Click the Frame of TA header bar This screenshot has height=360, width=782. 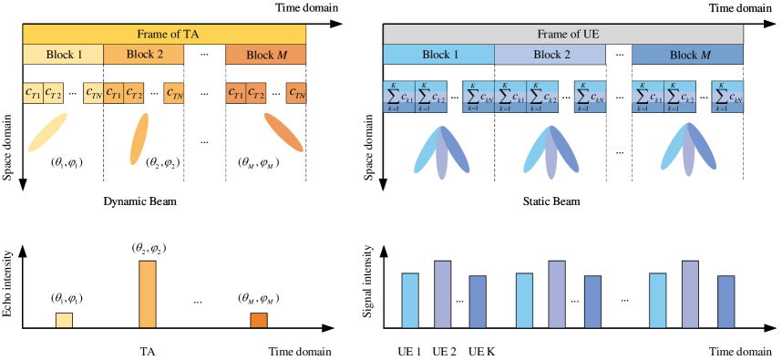click(164, 35)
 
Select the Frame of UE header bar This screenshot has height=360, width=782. click(562, 35)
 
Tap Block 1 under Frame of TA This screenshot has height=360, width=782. click(63, 55)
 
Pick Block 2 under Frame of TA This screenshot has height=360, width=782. click(144, 55)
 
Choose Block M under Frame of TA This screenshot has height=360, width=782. click(265, 55)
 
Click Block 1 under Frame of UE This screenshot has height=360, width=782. click(438, 55)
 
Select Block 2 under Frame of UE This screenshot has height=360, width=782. click(550, 55)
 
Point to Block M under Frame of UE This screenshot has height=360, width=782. click(687, 55)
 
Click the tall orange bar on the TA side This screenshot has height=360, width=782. click(147, 293)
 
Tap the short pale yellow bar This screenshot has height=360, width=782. click(64, 320)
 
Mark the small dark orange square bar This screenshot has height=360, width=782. click(259, 320)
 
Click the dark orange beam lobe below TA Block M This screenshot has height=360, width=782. click(283, 132)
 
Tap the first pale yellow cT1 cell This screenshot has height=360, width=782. click(33, 93)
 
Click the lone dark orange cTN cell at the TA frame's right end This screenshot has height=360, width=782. click(296, 93)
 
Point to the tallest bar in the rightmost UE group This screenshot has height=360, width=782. click(690, 293)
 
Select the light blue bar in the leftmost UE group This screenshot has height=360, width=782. click(410, 300)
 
